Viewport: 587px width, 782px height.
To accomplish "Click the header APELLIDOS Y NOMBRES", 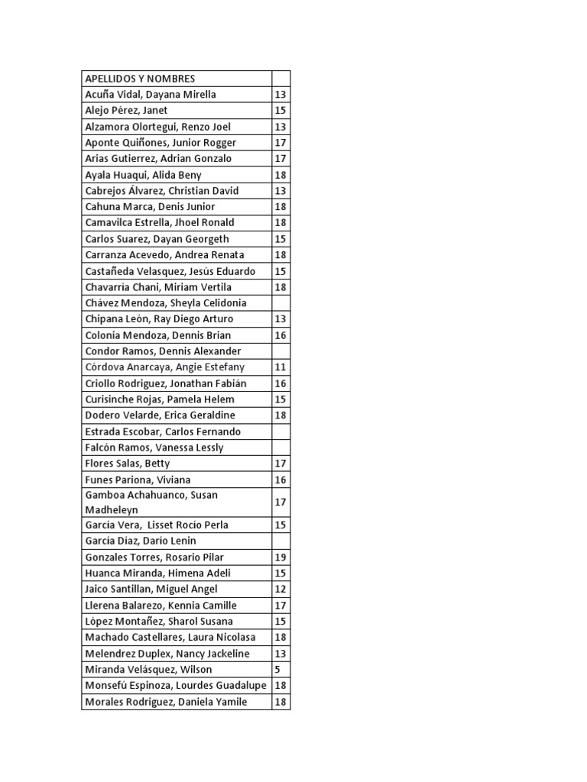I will click(140, 79).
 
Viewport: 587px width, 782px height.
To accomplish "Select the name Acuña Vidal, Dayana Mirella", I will click(151, 95).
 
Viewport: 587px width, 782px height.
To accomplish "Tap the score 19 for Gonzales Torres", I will click(280, 557).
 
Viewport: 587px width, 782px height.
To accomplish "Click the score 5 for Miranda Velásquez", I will click(277, 670).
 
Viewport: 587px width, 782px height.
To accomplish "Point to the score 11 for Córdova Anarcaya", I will click(280, 367).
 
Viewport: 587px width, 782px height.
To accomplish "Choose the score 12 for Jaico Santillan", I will click(280, 590).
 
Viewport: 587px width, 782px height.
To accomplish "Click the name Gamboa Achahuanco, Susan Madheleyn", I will click(151, 502).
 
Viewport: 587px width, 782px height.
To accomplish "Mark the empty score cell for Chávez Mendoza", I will click(281, 303).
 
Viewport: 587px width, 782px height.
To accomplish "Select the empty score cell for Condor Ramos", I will click(281, 351).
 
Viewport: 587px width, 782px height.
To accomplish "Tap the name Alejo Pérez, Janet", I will click(126, 111).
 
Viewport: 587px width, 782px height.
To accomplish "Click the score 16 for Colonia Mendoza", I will click(280, 335).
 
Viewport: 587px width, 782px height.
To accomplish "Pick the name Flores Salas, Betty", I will click(128, 464).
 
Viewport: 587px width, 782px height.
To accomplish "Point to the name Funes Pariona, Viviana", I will click(138, 480).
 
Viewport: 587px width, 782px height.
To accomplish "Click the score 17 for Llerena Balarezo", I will click(280, 606).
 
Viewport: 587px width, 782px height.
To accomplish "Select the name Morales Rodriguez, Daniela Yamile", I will click(166, 702).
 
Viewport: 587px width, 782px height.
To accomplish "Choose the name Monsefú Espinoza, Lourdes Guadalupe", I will click(176, 686).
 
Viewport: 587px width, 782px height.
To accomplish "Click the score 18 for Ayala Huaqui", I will click(280, 175).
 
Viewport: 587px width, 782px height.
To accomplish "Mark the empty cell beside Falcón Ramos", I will click(281, 448).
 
